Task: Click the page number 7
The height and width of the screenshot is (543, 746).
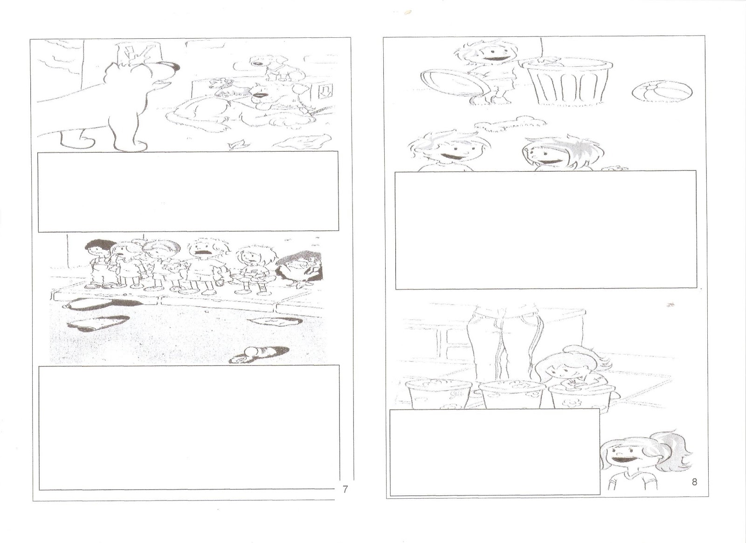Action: [x=345, y=489]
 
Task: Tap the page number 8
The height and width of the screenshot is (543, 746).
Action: [x=694, y=482]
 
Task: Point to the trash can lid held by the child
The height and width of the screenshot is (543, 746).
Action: [x=455, y=83]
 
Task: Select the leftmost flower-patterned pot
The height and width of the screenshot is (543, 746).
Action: [x=440, y=395]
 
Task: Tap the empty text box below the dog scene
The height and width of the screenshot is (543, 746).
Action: [x=188, y=191]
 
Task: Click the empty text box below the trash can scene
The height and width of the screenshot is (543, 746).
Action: [x=546, y=230]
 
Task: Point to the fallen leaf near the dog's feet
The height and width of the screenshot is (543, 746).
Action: [x=237, y=144]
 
